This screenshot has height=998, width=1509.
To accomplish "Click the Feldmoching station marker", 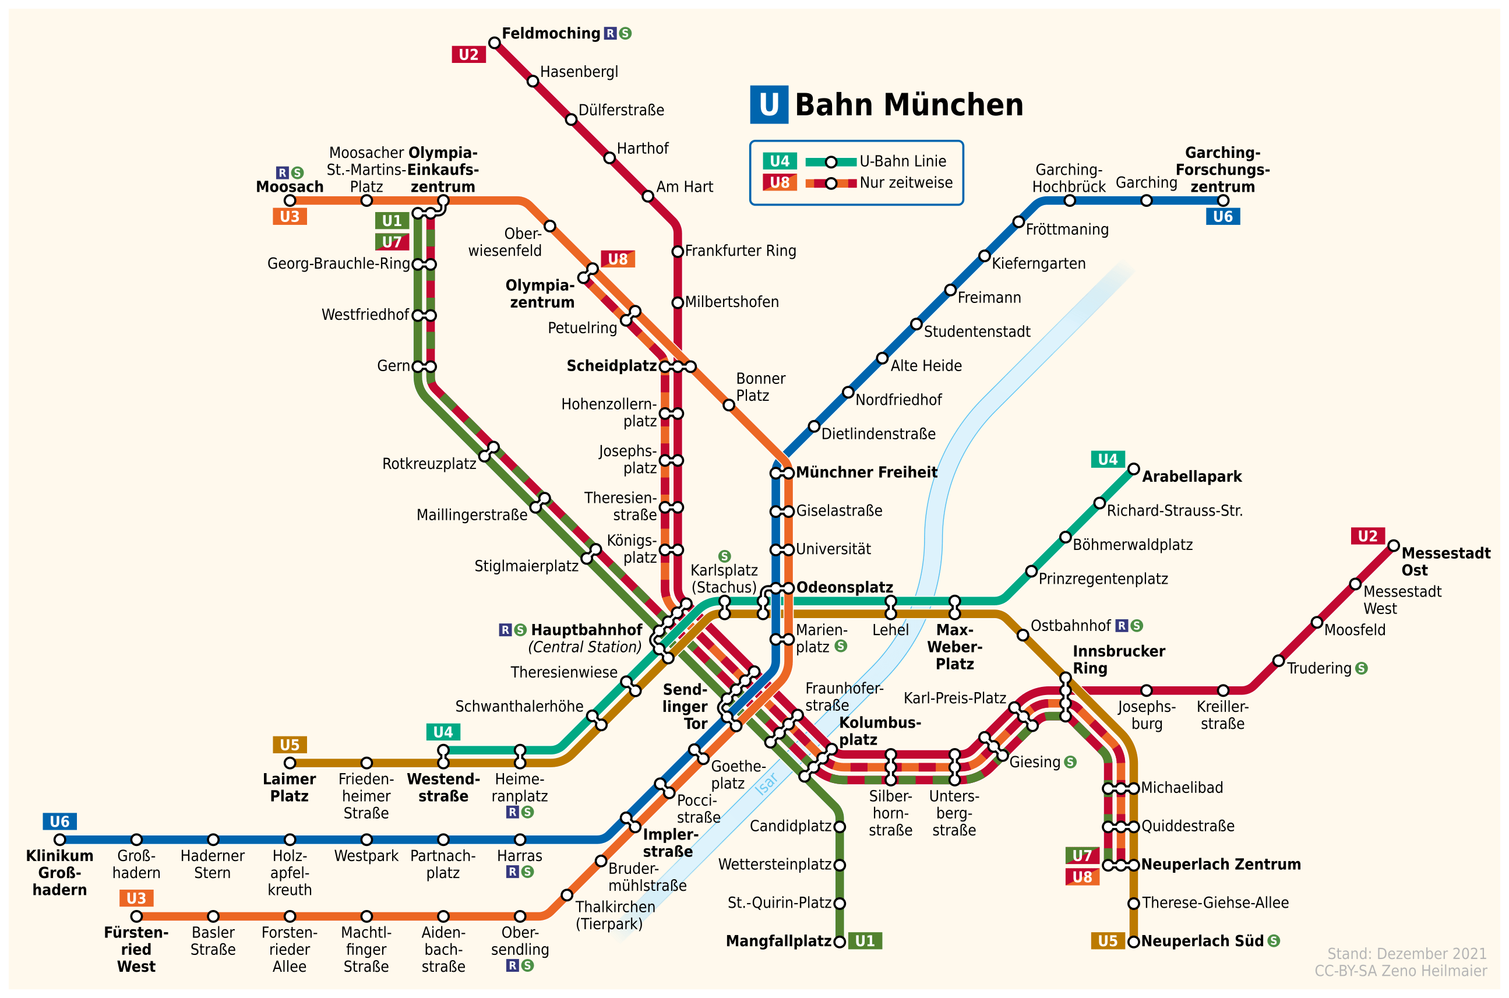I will point(495,43).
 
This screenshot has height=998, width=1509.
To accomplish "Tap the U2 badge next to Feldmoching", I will point(468,55).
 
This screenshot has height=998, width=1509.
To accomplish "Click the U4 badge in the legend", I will point(780,161).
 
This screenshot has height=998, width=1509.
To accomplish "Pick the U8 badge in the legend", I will point(780,183).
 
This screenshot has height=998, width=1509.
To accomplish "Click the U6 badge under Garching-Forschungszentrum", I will point(1222,216).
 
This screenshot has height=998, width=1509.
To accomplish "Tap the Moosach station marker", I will point(290,200).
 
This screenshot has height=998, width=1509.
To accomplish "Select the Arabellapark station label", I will point(1191,477).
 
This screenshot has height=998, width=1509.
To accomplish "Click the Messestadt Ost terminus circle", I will point(1394,545).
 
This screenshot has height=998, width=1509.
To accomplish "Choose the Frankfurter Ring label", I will point(740,251).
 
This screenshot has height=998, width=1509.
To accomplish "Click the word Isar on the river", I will point(766,784).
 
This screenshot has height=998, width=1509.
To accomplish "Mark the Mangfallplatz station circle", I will point(840,941).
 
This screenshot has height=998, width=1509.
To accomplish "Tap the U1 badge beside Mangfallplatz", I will point(865,941).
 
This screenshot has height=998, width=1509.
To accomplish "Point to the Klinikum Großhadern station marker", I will point(60,840).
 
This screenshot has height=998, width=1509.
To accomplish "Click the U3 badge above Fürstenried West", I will point(136,898).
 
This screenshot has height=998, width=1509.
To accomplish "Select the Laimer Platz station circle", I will point(290,763).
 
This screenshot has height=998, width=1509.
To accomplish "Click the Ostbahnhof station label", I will point(1070,626).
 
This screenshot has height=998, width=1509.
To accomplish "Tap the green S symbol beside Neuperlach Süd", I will point(1274,941).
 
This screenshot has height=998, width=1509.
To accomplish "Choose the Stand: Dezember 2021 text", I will point(1406,954).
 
